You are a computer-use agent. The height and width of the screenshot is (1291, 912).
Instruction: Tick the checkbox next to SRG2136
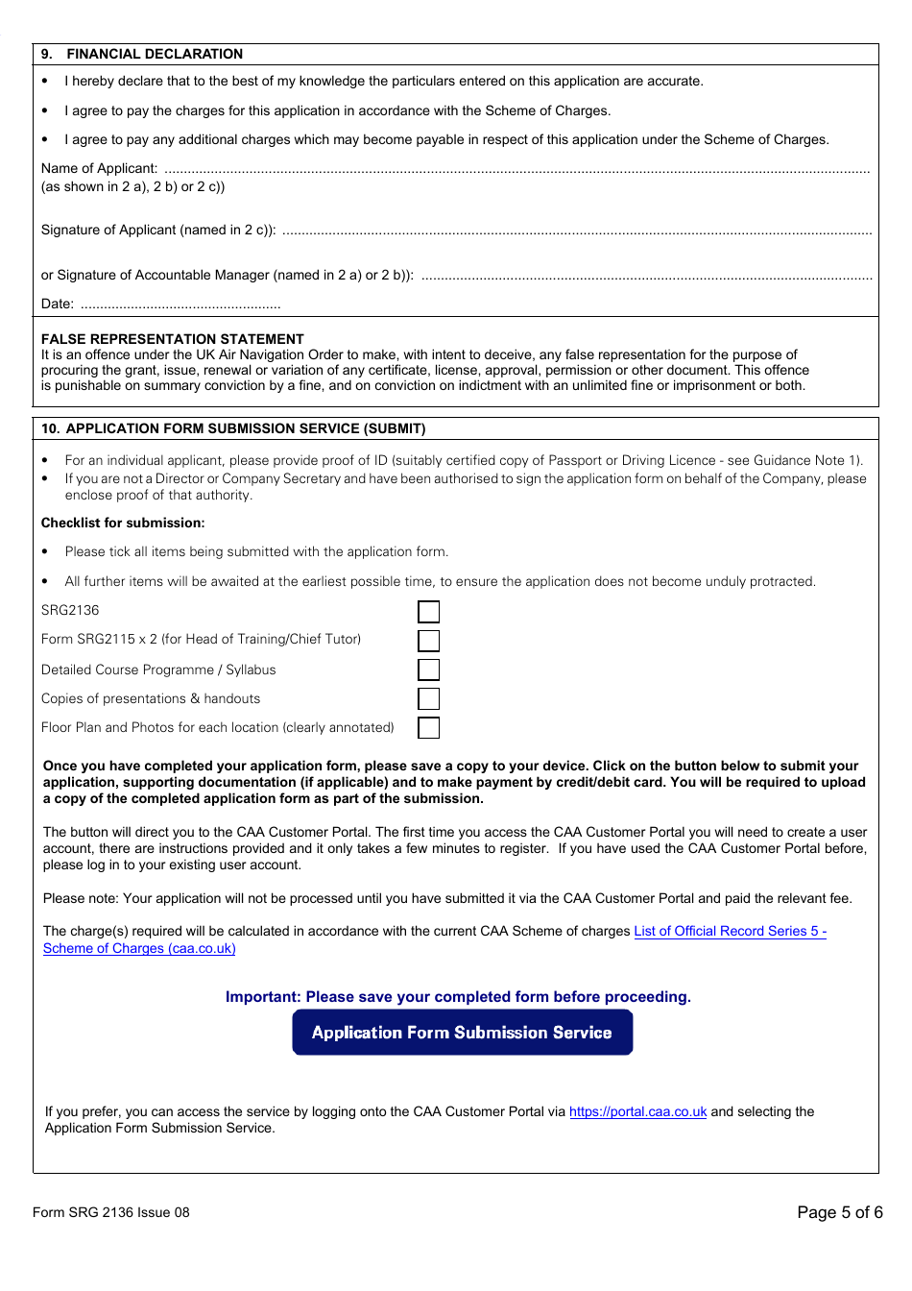coord(429,612)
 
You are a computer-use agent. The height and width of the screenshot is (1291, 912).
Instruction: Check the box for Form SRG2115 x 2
coord(429,641)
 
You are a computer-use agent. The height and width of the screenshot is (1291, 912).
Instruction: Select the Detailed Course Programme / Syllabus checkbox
coord(429,670)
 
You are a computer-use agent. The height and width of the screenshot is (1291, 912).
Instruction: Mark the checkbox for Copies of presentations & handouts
coord(429,698)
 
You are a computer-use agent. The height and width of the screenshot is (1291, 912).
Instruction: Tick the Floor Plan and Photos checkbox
coord(429,728)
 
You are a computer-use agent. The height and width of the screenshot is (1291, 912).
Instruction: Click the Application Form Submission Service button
coord(462,1033)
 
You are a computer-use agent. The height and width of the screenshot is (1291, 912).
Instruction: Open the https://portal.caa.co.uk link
coord(637,1111)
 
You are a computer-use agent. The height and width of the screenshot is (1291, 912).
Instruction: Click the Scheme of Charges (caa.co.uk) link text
coord(139,948)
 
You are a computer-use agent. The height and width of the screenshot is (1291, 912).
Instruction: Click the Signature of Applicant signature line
coord(576,231)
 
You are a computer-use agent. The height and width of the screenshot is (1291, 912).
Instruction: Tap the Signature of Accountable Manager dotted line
coord(646,277)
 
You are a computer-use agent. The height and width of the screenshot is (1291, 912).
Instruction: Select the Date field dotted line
coord(180,305)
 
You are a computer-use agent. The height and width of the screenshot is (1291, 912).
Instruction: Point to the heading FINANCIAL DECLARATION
coord(154,54)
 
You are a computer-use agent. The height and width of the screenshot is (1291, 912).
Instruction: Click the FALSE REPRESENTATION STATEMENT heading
coord(173,339)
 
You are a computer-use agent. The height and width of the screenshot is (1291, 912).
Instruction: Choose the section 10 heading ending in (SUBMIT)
coord(245,428)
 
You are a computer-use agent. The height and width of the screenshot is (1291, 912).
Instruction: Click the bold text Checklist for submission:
coord(123,523)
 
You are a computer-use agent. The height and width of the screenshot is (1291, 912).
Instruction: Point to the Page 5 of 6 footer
coord(839,1212)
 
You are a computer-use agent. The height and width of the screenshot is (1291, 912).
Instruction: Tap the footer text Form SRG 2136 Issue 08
coord(111,1212)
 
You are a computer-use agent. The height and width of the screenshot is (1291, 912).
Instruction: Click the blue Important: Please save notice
coord(458,997)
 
